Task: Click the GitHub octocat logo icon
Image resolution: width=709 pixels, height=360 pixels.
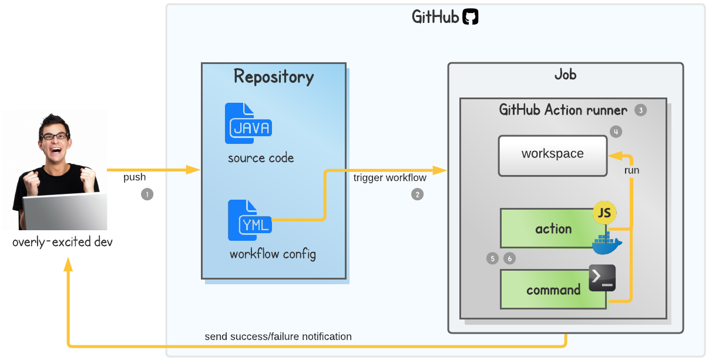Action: click(x=471, y=17)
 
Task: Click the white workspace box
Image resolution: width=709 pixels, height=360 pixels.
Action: click(x=552, y=156)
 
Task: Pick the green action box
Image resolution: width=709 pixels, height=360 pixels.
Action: click(x=546, y=228)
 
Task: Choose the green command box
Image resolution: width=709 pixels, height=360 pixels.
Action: click(x=546, y=290)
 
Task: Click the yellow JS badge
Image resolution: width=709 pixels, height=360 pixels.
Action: click(x=604, y=214)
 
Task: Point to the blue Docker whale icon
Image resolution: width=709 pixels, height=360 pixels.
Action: click(x=606, y=243)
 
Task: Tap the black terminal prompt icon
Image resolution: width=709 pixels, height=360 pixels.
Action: click(x=602, y=278)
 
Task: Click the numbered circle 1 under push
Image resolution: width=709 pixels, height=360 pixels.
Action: click(x=147, y=194)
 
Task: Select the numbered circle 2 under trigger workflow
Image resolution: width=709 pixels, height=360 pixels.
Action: click(x=417, y=194)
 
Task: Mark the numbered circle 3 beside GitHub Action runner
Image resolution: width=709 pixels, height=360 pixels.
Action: click(x=640, y=110)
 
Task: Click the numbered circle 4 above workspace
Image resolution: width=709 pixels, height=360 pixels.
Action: click(x=616, y=132)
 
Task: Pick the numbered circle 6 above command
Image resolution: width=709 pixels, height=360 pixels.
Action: click(x=509, y=258)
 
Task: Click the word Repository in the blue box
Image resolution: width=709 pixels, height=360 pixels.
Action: click(x=274, y=77)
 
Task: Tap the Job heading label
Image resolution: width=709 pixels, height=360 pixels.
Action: click(x=565, y=75)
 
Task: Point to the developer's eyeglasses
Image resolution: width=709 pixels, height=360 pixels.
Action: click(x=55, y=136)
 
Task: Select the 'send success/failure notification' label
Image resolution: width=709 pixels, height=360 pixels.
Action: click(x=278, y=337)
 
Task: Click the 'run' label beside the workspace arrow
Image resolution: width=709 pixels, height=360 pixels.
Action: click(x=631, y=171)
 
